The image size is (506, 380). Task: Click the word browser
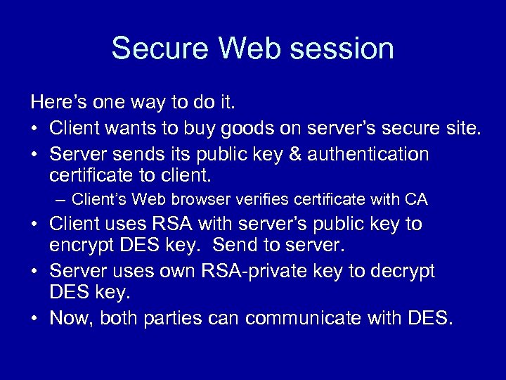[195, 199]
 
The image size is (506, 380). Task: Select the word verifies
[260, 199]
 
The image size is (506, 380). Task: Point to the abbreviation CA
[416, 199]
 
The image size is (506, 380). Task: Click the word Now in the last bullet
[71, 319]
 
